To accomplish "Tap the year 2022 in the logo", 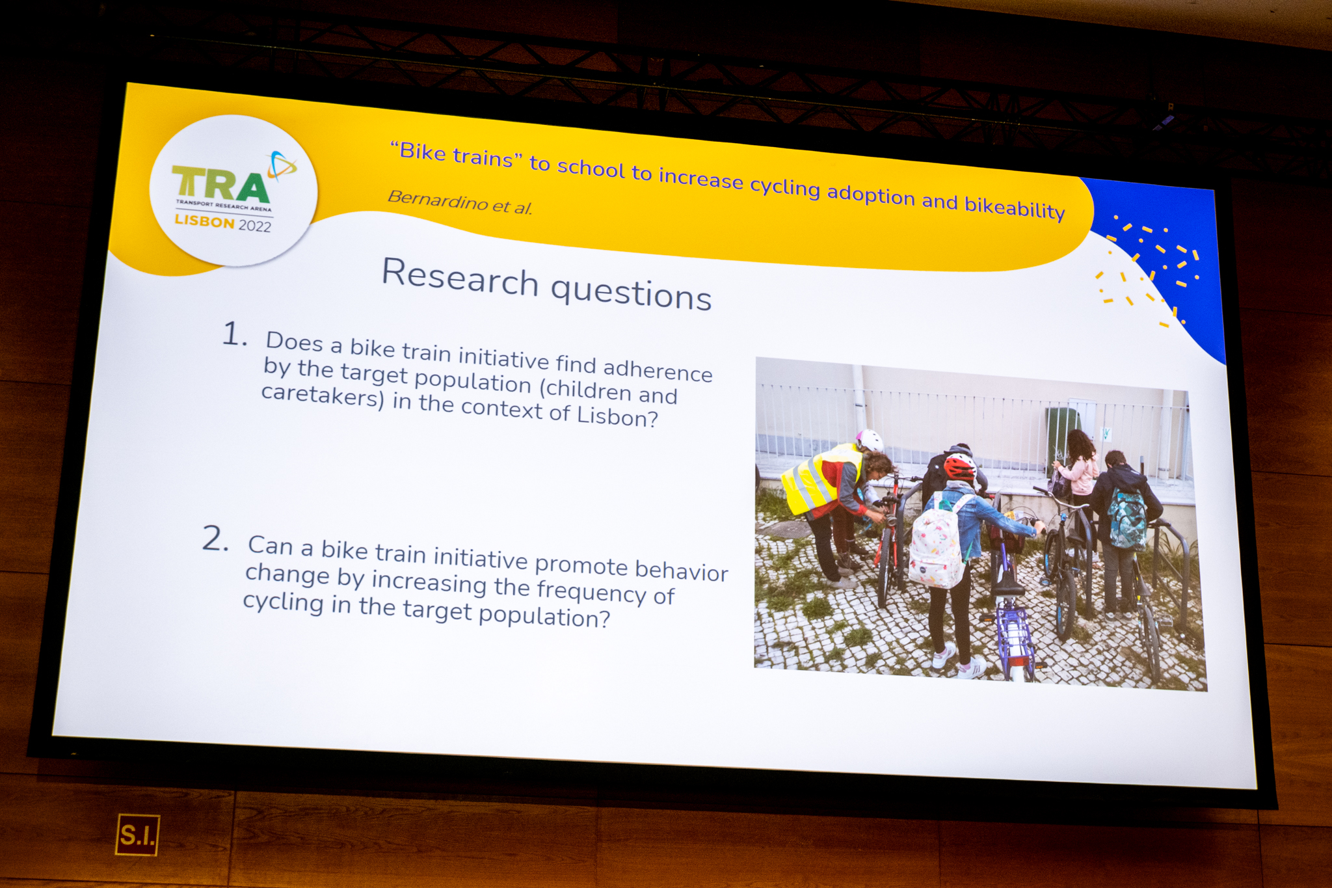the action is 254,226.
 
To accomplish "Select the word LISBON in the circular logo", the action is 204,221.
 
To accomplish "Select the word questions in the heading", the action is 631,293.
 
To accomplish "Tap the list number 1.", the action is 234,334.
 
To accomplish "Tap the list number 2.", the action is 215,539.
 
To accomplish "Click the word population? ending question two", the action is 544,615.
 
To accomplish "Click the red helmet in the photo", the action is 959,467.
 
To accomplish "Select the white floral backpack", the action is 937,540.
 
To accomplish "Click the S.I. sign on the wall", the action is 137,835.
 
